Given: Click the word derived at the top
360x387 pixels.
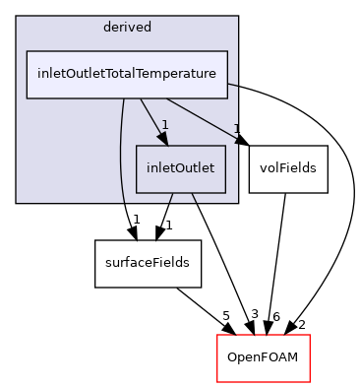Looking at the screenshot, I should click(x=126, y=27).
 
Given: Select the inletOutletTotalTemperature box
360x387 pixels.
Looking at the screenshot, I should click(x=127, y=74).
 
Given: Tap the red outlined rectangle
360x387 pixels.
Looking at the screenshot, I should click(x=263, y=358).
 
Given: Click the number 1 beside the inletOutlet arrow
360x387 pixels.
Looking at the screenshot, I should click(x=165, y=125).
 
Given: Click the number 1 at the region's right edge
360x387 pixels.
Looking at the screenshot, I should click(x=235, y=128).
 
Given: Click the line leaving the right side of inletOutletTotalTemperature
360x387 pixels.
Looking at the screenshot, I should click(x=233, y=86).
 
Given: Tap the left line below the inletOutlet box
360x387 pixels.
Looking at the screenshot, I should click(x=170, y=198).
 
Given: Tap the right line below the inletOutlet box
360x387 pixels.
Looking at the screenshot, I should click(x=194, y=198).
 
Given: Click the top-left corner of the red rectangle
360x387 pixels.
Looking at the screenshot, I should click(x=217, y=336).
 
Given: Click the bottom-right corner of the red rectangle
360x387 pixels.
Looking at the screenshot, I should click(x=309, y=381).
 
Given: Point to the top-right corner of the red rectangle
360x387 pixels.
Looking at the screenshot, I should click(x=309, y=336).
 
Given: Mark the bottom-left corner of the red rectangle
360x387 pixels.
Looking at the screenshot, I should click(x=217, y=381).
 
